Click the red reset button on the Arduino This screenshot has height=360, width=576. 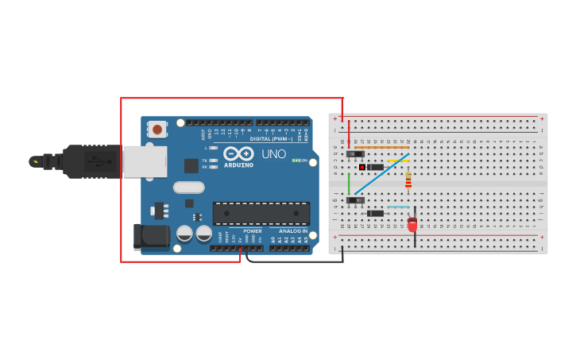click(x=157, y=129)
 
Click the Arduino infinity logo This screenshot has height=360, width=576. click(x=238, y=153)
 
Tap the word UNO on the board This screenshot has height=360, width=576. click(x=274, y=154)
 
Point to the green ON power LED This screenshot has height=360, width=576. click(x=295, y=161)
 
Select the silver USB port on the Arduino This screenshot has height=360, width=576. click(x=145, y=161)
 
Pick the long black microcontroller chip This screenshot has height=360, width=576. click(x=261, y=213)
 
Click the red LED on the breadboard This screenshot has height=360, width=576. click(x=412, y=224)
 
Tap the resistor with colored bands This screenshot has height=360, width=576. click(x=408, y=182)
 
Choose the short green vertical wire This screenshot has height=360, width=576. click(x=349, y=183)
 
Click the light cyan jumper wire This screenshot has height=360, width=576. click(x=398, y=207)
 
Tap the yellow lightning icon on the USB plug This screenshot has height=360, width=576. click(x=34, y=161)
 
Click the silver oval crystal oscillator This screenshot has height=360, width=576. click(x=189, y=188)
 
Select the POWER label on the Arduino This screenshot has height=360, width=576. click(x=253, y=231)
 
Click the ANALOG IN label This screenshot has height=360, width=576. click(x=293, y=231)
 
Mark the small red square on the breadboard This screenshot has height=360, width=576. click(x=361, y=167)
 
